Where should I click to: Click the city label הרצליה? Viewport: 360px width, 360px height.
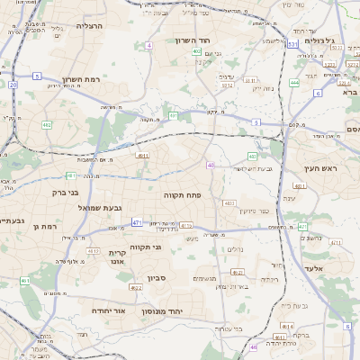click(x=91, y=26)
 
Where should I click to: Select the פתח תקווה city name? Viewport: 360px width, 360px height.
click(x=180, y=195)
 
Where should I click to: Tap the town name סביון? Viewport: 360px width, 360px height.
click(x=160, y=279)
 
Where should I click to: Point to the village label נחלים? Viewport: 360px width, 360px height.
click(x=235, y=249)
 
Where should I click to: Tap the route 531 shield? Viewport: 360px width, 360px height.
click(x=292, y=43)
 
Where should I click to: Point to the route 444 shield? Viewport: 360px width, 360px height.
click(x=294, y=82)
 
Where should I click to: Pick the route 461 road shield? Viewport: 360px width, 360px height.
click(x=25, y=282)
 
